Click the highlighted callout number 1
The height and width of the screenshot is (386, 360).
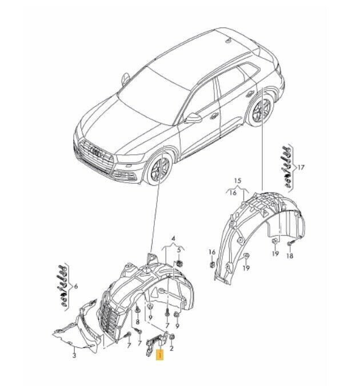[160, 355]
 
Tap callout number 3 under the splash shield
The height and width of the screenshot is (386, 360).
[74, 355]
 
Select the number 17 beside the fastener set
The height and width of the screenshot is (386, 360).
[301, 168]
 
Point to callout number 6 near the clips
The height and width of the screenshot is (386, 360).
[75, 286]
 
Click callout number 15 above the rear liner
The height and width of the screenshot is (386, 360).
[238, 181]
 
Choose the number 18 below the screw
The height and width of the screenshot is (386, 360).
[290, 256]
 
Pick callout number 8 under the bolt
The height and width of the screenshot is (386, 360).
[138, 321]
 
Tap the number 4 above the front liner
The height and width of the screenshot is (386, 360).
[174, 239]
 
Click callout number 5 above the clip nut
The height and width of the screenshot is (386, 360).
[179, 250]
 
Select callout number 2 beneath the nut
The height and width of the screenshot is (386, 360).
[172, 348]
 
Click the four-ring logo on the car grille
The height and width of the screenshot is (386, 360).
[96, 152]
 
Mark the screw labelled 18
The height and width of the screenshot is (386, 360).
[290, 243]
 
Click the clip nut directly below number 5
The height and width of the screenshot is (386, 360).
[179, 263]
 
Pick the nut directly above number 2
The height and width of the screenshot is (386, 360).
[172, 336]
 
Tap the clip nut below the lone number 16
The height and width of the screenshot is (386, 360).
[212, 265]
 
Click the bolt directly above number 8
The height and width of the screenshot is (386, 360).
[138, 308]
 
